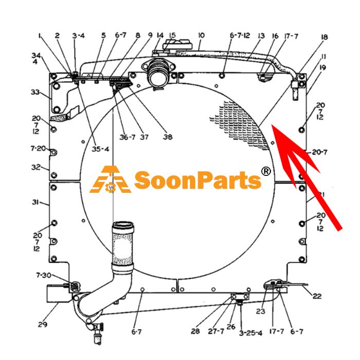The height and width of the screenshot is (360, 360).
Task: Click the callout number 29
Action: (43, 325)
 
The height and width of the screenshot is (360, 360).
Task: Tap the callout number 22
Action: (317, 296)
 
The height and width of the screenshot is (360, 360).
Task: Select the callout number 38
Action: (168, 137)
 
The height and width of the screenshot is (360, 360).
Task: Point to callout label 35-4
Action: (100, 149)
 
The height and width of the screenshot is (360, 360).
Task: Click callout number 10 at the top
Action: (201, 35)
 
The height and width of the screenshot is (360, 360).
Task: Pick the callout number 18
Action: (324, 37)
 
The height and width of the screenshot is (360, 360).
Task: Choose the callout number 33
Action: (35, 92)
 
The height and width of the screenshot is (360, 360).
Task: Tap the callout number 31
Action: (35, 202)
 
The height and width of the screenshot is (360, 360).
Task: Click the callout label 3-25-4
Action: (250, 333)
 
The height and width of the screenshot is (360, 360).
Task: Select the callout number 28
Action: (195, 331)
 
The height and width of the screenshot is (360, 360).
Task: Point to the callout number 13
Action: (261, 36)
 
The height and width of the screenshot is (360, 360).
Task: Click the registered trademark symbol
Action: (266, 171)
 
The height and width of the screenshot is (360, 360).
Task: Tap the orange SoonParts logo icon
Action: (111, 179)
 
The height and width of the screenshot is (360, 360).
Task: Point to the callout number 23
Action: (261, 311)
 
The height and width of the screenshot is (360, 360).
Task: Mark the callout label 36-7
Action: (128, 137)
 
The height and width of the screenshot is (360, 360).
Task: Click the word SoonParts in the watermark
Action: (197, 180)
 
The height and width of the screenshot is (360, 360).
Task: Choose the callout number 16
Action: (275, 36)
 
